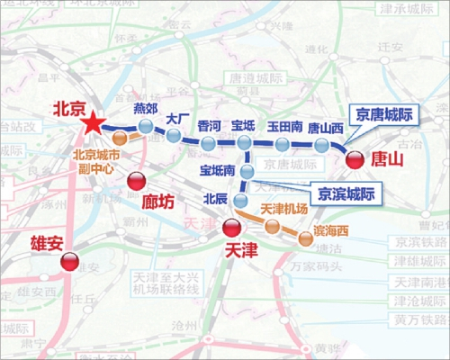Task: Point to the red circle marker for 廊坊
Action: [136, 180]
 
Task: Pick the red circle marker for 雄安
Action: [69, 262]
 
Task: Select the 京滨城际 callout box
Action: [346, 193]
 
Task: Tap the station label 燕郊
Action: [145, 109]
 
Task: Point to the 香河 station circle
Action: [209, 144]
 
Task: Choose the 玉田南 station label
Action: [283, 127]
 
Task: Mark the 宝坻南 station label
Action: [217, 169]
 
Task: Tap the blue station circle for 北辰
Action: [240, 200]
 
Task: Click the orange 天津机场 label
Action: [284, 209]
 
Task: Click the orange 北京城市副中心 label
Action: [95, 159]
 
